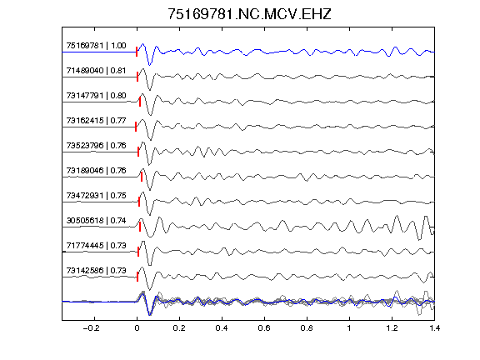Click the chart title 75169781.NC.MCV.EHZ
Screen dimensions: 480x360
click(249, 14)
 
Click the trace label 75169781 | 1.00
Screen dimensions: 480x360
click(96, 46)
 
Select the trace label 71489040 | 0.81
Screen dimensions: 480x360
click(96, 71)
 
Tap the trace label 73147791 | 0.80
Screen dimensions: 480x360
click(96, 96)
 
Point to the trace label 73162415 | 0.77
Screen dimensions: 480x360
click(96, 121)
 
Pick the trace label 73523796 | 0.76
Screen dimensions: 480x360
click(96, 145)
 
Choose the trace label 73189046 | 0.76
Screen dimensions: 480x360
click(96, 171)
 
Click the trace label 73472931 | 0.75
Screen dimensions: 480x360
click(96, 196)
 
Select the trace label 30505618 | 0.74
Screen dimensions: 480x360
click(96, 221)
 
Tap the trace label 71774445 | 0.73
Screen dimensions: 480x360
click(96, 246)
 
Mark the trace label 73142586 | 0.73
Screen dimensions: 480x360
click(96, 271)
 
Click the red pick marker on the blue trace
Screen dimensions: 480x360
click(137, 52)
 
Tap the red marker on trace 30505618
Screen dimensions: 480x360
click(140, 227)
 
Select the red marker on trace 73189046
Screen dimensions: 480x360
click(142, 177)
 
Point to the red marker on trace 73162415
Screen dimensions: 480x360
click(136, 127)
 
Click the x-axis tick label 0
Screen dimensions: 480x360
click(137, 328)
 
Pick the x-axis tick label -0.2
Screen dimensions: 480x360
click(92, 328)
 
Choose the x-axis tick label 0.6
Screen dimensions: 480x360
click(264, 328)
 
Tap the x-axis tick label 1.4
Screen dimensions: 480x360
click(434, 328)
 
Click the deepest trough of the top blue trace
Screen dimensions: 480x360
click(149, 65)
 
